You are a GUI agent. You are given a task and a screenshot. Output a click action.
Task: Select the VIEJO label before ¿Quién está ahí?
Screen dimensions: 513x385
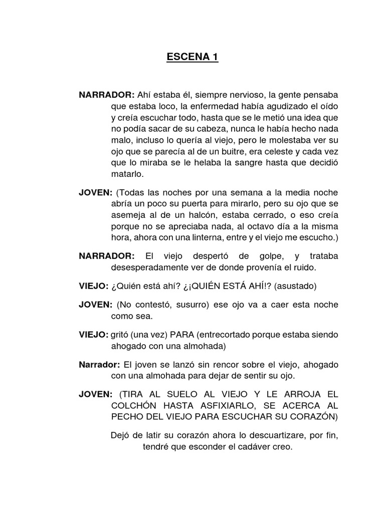94,287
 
